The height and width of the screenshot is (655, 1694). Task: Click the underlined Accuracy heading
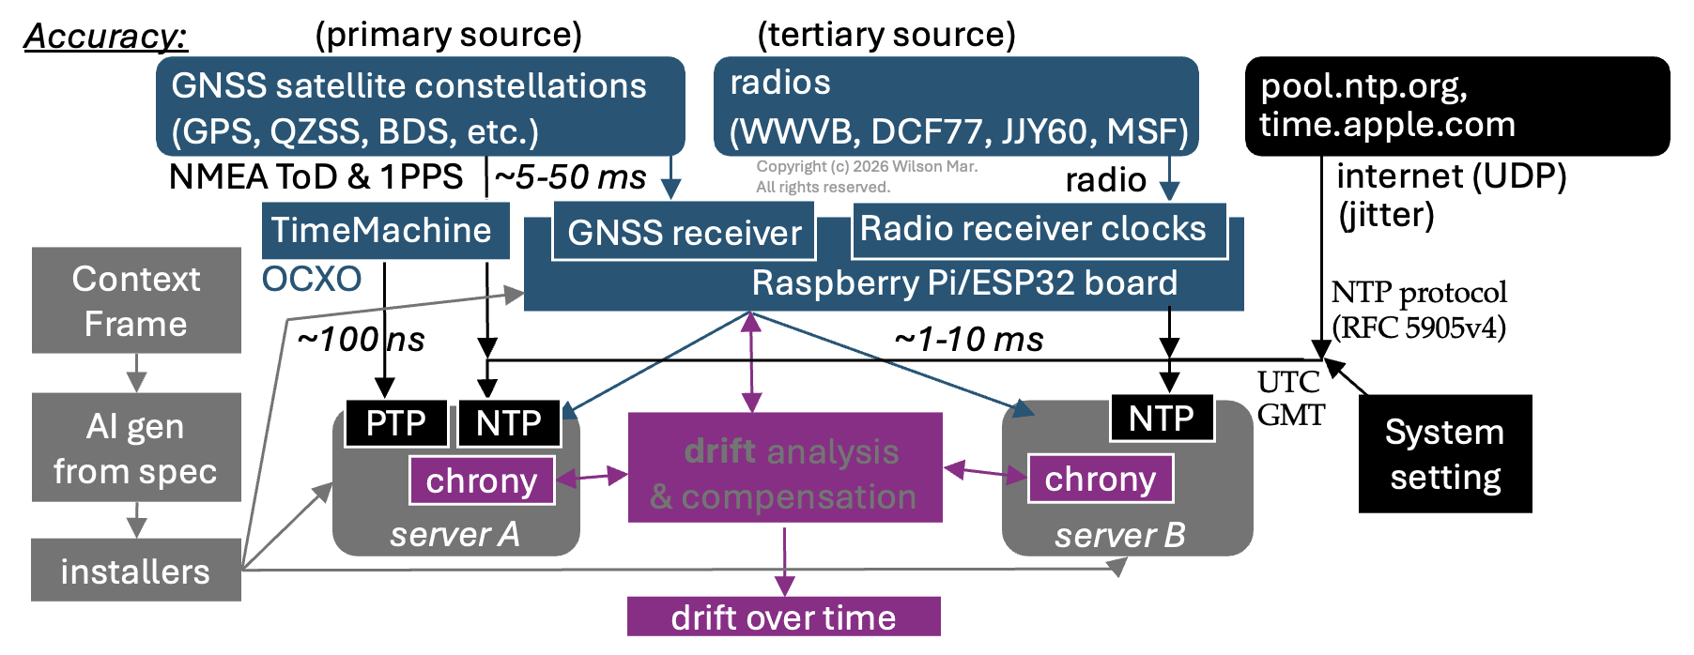pyautogui.click(x=105, y=36)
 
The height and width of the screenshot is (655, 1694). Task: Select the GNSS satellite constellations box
pyautogui.click(x=420, y=107)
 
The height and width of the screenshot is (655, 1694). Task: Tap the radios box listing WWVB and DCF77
pyautogui.click(x=956, y=107)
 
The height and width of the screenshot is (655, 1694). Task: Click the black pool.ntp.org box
pyautogui.click(x=1456, y=106)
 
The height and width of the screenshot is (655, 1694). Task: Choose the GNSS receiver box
pyautogui.click(x=684, y=233)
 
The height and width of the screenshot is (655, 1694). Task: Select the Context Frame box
pyautogui.click(x=136, y=300)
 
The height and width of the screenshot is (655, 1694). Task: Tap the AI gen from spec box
pyautogui.click(x=136, y=448)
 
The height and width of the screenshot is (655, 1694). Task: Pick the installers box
pyautogui.click(x=136, y=571)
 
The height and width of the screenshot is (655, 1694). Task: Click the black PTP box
pyautogui.click(x=395, y=423)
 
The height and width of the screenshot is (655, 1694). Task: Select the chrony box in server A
pyautogui.click(x=482, y=480)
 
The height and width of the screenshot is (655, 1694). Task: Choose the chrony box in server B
pyautogui.click(x=1100, y=479)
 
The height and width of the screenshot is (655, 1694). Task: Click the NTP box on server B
pyautogui.click(x=1162, y=419)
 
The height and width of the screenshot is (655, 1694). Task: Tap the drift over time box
pyautogui.click(x=783, y=617)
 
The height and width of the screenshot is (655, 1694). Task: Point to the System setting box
pyautogui.click(x=1445, y=454)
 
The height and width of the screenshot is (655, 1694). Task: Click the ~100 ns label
pyautogui.click(x=361, y=340)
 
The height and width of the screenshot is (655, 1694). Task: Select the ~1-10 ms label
pyautogui.click(x=968, y=340)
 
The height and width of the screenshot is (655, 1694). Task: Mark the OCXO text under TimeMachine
pyautogui.click(x=312, y=280)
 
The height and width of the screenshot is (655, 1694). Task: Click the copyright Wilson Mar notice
pyautogui.click(x=867, y=176)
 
